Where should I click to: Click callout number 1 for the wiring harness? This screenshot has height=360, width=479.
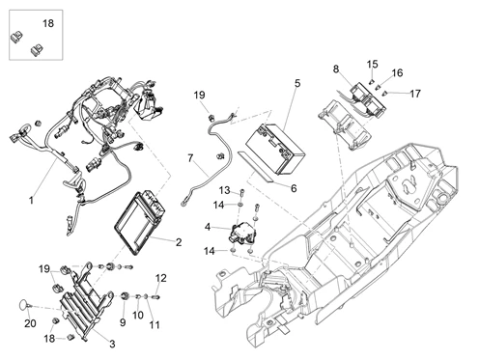[x=31, y=201]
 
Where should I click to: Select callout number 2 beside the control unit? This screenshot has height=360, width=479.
[x=179, y=242]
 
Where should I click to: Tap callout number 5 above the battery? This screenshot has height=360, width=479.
[x=296, y=83]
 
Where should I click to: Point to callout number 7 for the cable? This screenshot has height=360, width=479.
[x=190, y=158]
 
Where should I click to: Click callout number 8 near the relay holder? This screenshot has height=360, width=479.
[x=336, y=69]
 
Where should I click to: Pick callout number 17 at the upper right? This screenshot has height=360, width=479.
[x=415, y=94]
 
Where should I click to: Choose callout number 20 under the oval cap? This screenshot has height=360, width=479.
[x=30, y=323]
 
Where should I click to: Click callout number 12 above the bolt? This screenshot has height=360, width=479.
[x=161, y=278]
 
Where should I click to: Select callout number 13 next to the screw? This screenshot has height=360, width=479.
[x=224, y=190]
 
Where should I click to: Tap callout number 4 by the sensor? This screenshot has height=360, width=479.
[x=208, y=227]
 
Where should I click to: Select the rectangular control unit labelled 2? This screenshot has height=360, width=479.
[x=140, y=223]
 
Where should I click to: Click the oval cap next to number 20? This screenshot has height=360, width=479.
[x=23, y=304]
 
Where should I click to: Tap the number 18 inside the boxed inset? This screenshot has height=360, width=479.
[x=48, y=23]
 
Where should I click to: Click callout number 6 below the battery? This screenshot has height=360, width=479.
[x=294, y=188]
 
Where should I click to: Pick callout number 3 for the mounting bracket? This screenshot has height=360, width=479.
[x=112, y=344]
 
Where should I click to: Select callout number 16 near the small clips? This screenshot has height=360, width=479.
[x=397, y=73]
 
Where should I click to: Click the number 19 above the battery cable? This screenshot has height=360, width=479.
[x=199, y=95]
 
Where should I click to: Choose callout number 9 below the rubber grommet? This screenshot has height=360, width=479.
[x=123, y=322]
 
